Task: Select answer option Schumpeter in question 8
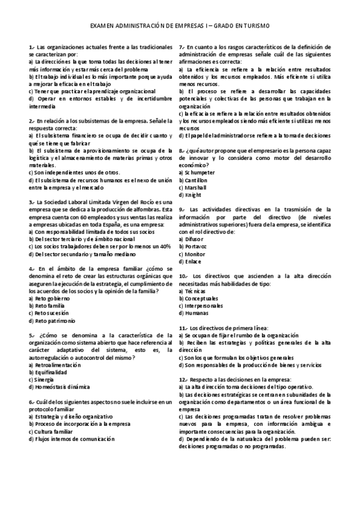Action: pyautogui.click(x=196, y=173)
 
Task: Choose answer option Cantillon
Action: pyautogui.click(x=194, y=180)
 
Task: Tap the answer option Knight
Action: pyautogui.click(x=191, y=195)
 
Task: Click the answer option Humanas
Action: pyautogui.click(x=194, y=313)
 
